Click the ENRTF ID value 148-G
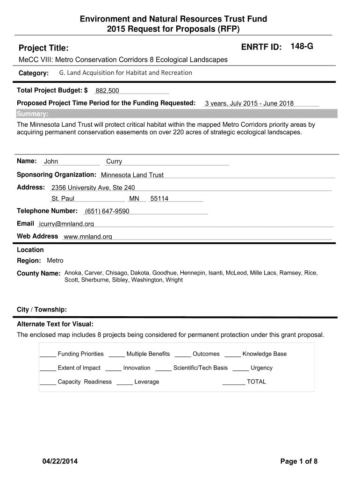pyautogui.click(x=302, y=46)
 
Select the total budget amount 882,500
pyautogui.click(x=107, y=91)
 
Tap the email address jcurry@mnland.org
pyautogui.click(x=66, y=224)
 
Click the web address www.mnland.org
pyautogui.click(x=87, y=237)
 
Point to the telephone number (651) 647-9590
pyautogui.click(x=107, y=211)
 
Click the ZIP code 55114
pyautogui.click(x=159, y=199)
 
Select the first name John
pyautogui.click(x=51, y=162)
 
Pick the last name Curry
pyautogui.click(x=114, y=162)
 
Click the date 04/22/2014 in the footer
pyautogui.click(x=59, y=462)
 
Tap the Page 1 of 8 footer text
pyautogui.click(x=299, y=462)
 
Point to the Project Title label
pyautogui.click(x=43, y=48)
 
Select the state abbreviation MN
pyautogui.click(x=134, y=199)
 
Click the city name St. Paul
pyautogui.click(x=63, y=199)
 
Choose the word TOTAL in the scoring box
pyautogui.click(x=256, y=382)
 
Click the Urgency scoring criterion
pyautogui.click(x=261, y=368)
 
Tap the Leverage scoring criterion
pyautogui.click(x=146, y=382)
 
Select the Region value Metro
pyautogui.click(x=55, y=261)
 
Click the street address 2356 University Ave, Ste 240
pyautogui.click(x=93, y=188)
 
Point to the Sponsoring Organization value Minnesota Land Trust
pyautogui.click(x=132, y=175)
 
